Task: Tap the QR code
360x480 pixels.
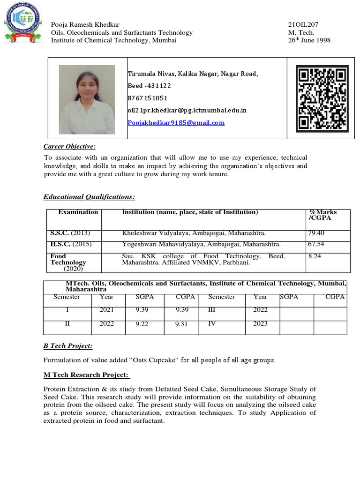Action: click(322, 98)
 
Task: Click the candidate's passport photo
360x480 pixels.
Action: click(87, 99)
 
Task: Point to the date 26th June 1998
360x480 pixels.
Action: click(309, 40)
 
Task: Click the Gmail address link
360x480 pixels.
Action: click(176, 123)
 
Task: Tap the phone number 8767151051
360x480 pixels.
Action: click(148, 98)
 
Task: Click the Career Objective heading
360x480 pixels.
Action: click(69, 147)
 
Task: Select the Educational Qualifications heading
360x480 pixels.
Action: click(89, 197)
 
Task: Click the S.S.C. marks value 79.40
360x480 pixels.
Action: click(316, 233)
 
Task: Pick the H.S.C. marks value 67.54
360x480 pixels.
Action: click(316, 244)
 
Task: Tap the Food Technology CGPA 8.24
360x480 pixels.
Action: click(315, 256)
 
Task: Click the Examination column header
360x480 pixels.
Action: click(78, 212)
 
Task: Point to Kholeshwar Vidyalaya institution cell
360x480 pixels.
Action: click(194, 233)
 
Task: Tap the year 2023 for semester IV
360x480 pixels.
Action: click(261, 323)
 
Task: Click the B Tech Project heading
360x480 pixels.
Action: click(68, 346)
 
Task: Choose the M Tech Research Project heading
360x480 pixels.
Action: click(86, 375)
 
